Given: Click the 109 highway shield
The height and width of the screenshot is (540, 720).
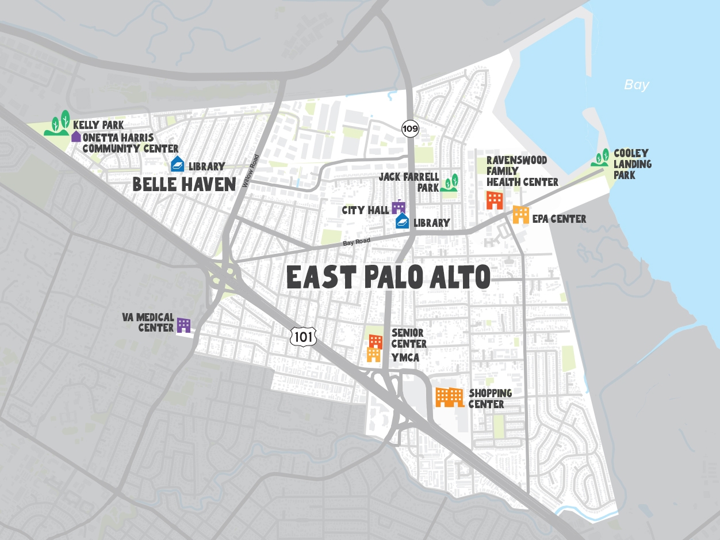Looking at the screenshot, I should (410, 128).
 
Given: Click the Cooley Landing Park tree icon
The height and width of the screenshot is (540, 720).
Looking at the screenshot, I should (601, 158).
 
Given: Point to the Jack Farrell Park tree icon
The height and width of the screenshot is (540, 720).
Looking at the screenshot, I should (449, 183).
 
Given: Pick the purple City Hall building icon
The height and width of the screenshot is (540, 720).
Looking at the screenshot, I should (399, 207).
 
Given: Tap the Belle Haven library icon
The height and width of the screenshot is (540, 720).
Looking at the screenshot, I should (178, 165).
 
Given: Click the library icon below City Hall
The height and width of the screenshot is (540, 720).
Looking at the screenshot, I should (403, 221).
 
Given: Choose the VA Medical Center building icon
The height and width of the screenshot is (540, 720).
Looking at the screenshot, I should (183, 325).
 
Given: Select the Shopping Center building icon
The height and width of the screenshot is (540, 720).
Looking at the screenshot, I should (449, 397).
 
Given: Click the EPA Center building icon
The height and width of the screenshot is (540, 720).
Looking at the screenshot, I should (520, 215).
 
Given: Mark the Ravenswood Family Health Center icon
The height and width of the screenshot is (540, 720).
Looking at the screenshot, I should (495, 200).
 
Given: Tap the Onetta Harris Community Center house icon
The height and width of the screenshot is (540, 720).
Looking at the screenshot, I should (76, 136).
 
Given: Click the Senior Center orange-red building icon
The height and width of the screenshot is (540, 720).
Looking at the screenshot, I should (376, 341).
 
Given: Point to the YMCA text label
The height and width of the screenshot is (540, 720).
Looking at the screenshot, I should (405, 358).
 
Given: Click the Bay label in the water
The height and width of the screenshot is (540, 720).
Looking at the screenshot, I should (637, 85).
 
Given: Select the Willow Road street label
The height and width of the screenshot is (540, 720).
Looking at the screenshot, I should (251, 170).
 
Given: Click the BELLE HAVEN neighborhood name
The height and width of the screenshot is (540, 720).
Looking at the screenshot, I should (184, 184).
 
